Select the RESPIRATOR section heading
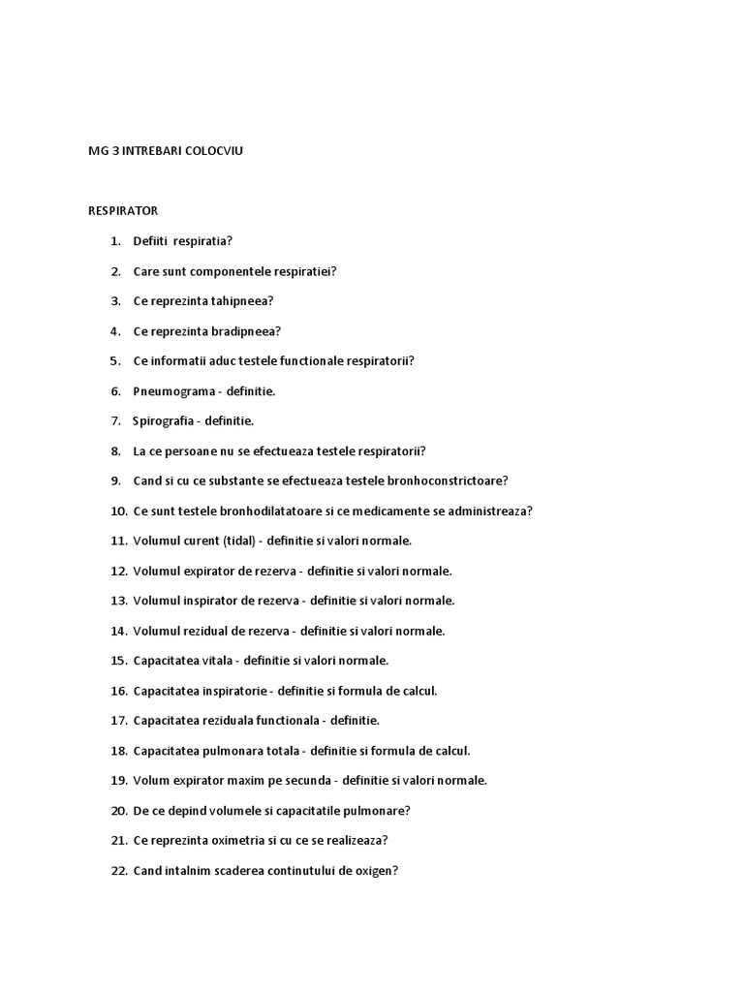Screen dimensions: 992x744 pyautogui.click(x=123, y=210)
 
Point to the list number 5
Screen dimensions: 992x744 pyautogui.click(x=115, y=361)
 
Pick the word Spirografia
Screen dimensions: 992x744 pyautogui.click(x=166, y=421)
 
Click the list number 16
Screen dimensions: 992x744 pyautogui.click(x=118, y=691)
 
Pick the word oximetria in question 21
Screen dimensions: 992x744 pyautogui.click(x=226, y=841)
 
